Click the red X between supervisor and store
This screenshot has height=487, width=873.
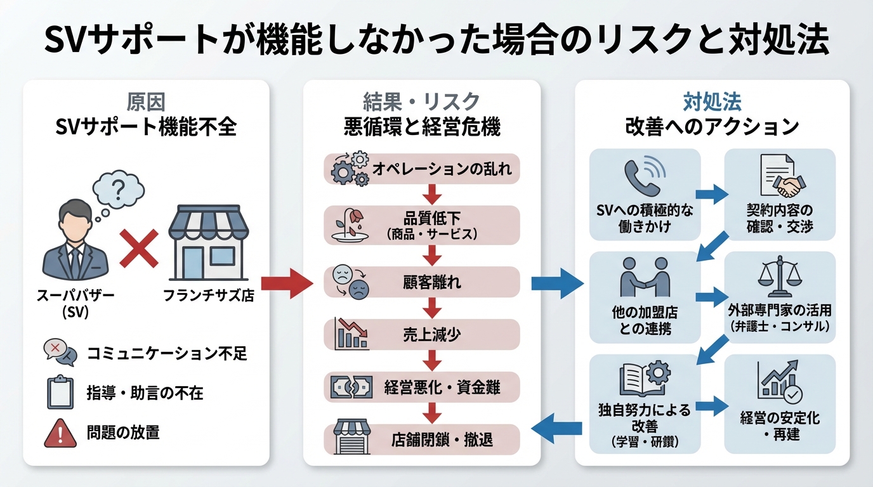(139, 247)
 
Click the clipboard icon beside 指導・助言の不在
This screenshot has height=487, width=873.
(60, 393)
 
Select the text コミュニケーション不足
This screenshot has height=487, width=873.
(167, 353)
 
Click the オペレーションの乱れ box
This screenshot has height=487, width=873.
(422, 169)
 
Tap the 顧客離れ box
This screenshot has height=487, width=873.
(422, 282)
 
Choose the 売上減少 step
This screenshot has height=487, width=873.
(422, 334)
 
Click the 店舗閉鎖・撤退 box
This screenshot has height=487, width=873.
(422, 439)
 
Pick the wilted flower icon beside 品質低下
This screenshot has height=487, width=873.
(348, 224)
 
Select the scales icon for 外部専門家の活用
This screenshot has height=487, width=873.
(779, 279)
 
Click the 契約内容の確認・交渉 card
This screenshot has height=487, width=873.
(780, 195)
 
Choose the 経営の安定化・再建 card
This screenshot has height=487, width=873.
(780, 405)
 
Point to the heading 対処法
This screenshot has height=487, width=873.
(712, 101)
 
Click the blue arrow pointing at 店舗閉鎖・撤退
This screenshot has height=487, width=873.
(556, 431)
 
